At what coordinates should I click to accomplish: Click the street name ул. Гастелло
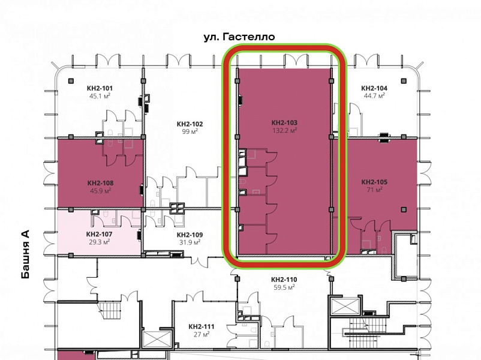coord(239,37)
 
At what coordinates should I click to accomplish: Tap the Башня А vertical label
coord(26,254)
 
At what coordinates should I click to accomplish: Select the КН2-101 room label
coord(100,88)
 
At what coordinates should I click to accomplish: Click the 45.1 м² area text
coord(100,96)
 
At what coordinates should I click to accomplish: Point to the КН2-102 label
coord(190,124)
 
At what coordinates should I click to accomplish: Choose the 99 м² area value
coord(190,131)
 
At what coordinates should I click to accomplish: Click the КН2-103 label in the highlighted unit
coord(284,123)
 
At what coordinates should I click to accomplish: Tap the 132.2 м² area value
coord(284,130)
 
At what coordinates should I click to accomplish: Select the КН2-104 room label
coord(374,88)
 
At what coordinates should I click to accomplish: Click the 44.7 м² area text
coord(374,96)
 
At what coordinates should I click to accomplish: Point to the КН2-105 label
coord(374,182)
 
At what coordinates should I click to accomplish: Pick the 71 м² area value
coord(374,190)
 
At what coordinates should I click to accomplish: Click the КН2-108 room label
coord(100,183)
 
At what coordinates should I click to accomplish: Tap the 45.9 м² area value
coord(100,191)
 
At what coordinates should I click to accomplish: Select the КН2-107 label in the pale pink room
coord(100,235)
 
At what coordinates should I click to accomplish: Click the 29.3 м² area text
coord(100,242)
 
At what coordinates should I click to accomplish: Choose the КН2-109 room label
coord(190,235)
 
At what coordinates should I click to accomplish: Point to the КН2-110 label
coord(284,280)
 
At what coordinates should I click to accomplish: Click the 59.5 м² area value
coord(284,287)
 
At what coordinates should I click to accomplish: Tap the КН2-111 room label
coord(202,327)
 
